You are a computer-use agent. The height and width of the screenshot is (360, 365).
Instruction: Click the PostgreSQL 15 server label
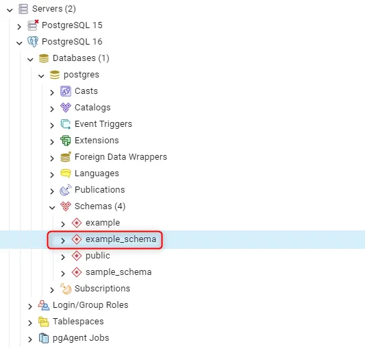click(x=72, y=25)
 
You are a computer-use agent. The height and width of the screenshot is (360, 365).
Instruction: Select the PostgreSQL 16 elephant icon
click(x=33, y=42)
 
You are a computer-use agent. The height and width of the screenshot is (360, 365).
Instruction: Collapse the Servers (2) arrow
click(x=10, y=10)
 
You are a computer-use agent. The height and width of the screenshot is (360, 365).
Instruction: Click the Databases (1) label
click(x=81, y=58)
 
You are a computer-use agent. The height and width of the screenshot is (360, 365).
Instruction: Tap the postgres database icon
click(x=55, y=75)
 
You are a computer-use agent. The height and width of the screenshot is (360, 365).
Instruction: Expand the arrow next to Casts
click(x=52, y=93)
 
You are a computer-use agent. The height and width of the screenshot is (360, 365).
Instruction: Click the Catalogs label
click(x=92, y=108)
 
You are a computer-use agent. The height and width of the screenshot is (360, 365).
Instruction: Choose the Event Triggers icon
click(x=66, y=124)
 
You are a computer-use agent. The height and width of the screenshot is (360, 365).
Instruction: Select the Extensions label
click(x=97, y=141)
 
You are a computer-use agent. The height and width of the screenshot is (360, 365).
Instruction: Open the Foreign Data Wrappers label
click(x=121, y=157)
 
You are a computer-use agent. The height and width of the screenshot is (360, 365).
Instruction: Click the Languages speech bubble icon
click(x=66, y=173)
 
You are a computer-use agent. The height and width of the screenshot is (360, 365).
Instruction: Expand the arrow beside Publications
click(x=52, y=191)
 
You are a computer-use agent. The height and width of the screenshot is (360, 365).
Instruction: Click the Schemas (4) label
click(x=100, y=206)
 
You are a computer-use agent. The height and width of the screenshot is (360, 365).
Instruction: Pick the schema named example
click(x=103, y=223)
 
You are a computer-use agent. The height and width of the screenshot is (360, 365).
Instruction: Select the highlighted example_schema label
click(x=121, y=239)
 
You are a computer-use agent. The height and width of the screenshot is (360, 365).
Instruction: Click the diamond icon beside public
click(x=77, y=256)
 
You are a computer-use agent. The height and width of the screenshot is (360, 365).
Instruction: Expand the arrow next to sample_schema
click(x=63, y=274)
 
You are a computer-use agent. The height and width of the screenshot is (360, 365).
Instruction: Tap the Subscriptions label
click(x=102, y=289)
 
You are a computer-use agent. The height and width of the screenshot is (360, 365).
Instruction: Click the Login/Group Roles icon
click(x=44, y=305)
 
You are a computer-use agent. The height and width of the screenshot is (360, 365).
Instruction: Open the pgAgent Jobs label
click(x=81, y=338)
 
